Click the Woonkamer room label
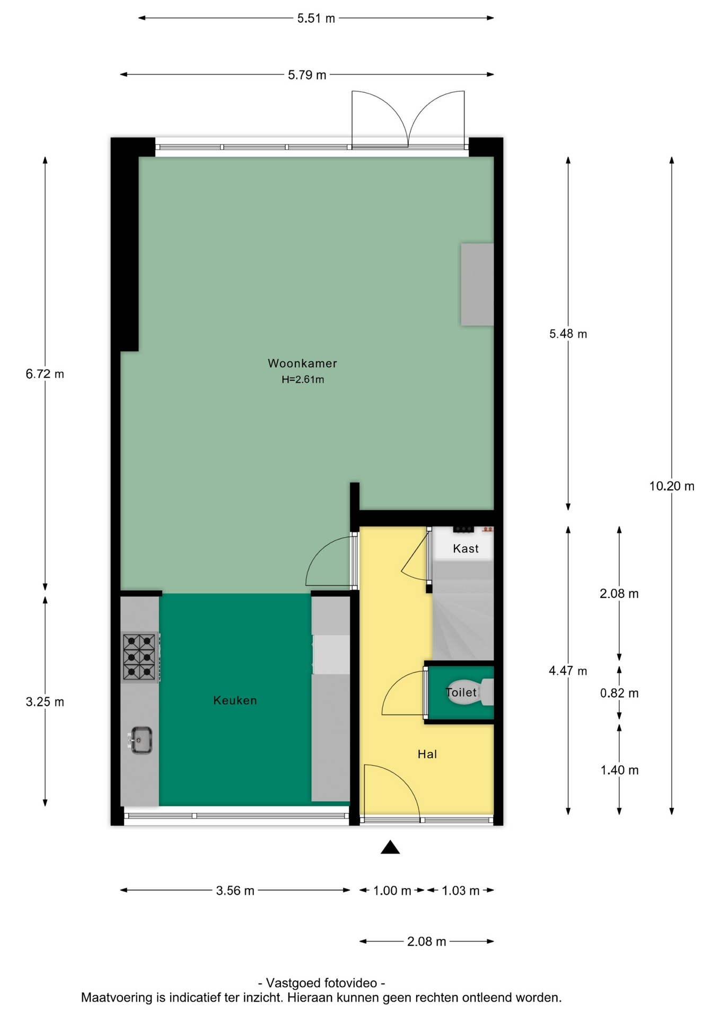pyautogui.click(x=302, y=363)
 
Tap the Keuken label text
pyautogui.click(x=235, y=700)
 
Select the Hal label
pyautogui.click(x=427, y=754)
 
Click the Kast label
pyautogui.click(x=466, y=549)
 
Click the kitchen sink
pyautogui.click(x=141, y=740)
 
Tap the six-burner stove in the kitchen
pyautogui.click(x=140, y=657)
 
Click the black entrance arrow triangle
pyautogui.click(x=390, y=847)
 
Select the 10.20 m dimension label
pyautogui.click(x=672, y=486)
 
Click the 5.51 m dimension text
pyautogui.click(x=316, y=19)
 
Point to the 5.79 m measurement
pyautogui.click(x=307, y=75)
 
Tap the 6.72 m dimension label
pyautogui.click(x=45, y=374)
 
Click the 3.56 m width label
pyautogui.click(x=235, y=891)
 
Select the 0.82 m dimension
pyautogui.click(x=619, y=693)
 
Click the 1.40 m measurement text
pyautogui.click(x=619, y=770)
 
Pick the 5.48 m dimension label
pyautogui.click(x=568, y=334)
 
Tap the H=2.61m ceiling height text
pyautogui.click(x=303, y=380)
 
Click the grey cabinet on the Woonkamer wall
pyautogui.click(x=477, y=284)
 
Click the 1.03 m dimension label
pyautogui.click(x=461, y=891)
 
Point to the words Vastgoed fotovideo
pyautogui.click(x=321, y=983)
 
